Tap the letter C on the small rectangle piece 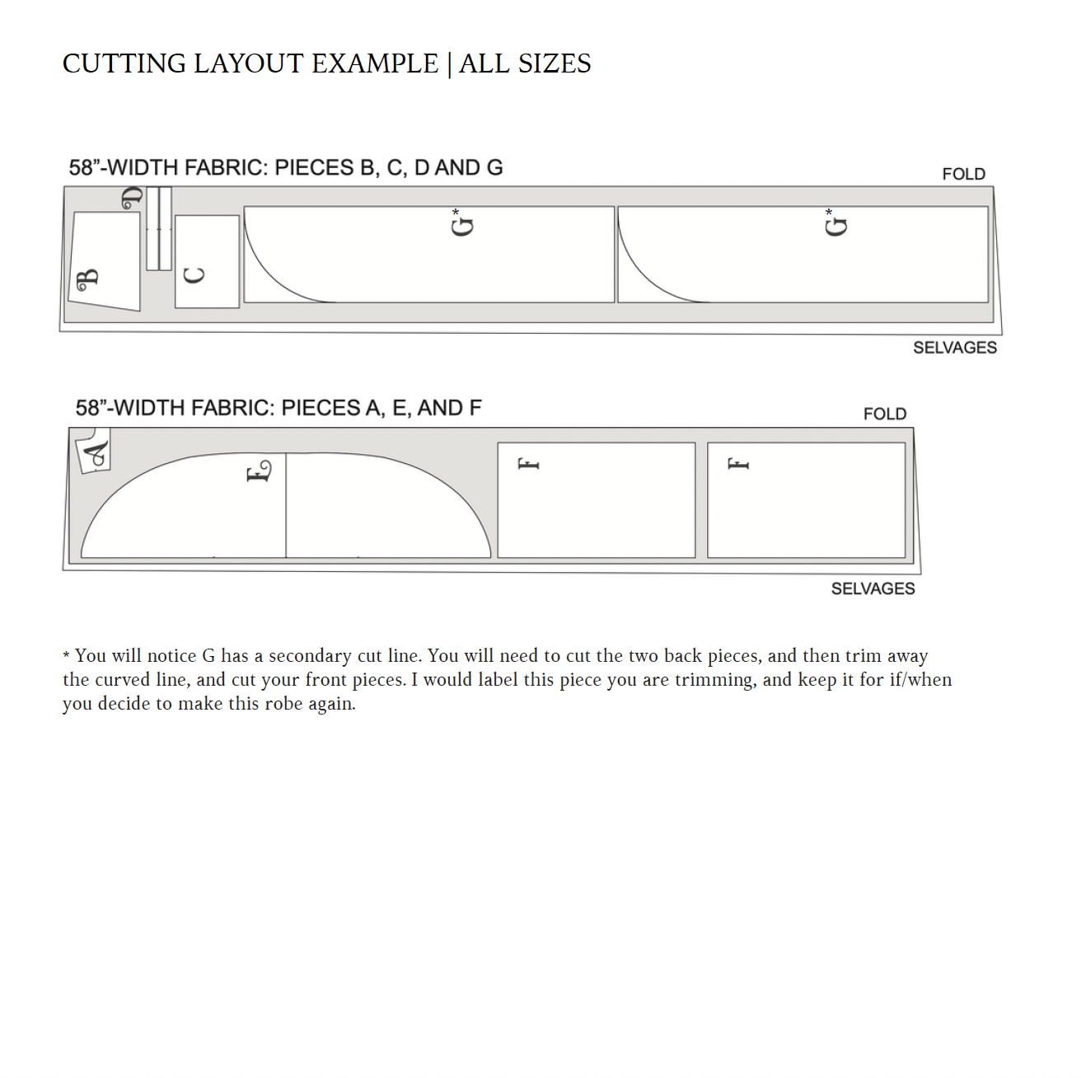tap(194, 275)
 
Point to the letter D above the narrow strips tap(132, 198)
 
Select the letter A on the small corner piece tap(96, 453)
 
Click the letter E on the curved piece tap(259, 471)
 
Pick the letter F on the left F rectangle tap(528, 464)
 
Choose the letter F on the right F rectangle tap(738, 464)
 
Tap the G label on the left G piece tap(463, 224)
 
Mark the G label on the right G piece tap(836, 224)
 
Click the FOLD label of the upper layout tap(963, 174)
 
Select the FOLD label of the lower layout tap(884, 414)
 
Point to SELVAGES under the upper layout tap(954, 348)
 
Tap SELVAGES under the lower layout tap(873, 588)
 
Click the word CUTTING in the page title tap(124, 63)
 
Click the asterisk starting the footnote tap(66, 657)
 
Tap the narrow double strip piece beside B tap(159, 229)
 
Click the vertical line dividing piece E tap(286, 504)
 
